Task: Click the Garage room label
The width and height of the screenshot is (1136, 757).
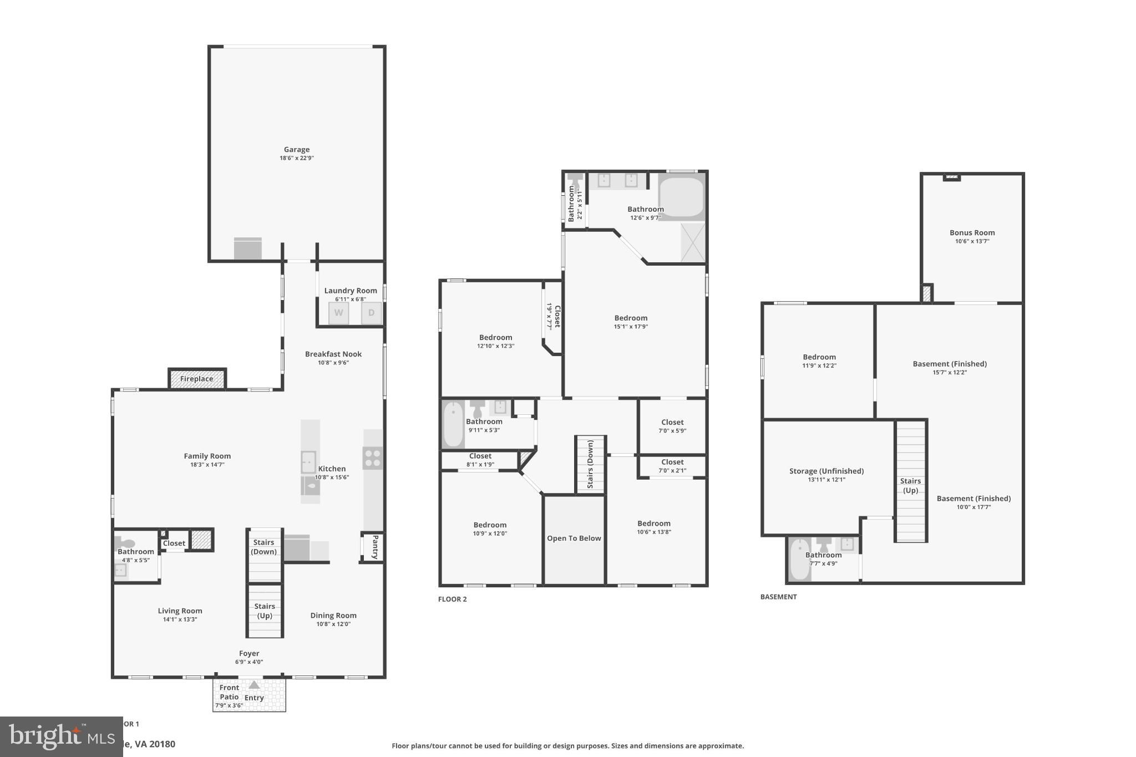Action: click(x=296, y=150)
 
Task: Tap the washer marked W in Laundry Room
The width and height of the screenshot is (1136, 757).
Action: click(x=338, y=313)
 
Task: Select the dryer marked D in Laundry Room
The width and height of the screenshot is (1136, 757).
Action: click(x=371, y=313)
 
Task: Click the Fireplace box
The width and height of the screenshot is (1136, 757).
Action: click(x=197, y=379)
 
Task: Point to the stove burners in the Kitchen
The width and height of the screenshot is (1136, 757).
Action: click(x=373, y=458)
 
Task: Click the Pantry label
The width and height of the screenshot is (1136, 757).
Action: click(x=375, y=547)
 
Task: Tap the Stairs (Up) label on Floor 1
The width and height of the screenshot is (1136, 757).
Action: click(x=265, y=611)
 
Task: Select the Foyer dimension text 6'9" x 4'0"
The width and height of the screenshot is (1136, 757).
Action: click(x=249, y=662)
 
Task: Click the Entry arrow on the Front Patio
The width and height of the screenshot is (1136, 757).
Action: click(x=254, y=685)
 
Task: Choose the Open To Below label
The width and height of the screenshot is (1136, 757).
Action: click(x=574, y=538)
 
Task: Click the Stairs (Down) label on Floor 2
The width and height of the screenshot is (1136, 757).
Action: click(x=590, y=464)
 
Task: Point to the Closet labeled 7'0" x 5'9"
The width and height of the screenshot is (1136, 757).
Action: click(x=672, y=426)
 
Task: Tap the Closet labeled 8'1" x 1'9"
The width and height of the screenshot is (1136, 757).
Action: click(x=480, y=460)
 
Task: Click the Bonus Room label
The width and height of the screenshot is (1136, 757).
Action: click(x=972, y=233)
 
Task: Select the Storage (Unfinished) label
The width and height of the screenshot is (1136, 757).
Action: click(x=826, y=471)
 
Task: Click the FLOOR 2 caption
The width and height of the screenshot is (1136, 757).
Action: click(x=452, y=599)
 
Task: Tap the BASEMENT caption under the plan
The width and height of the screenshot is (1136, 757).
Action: click(x=778, y=597)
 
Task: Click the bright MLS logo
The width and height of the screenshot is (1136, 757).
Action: click(x=55, y=736)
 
